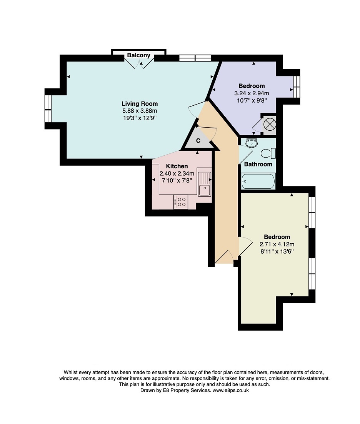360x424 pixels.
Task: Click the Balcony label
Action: (x=139, y=55)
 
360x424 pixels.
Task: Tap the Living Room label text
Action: (x=140, y=104)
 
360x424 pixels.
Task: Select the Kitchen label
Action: (x=177, y=166)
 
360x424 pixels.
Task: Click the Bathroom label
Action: (x=258, y=164)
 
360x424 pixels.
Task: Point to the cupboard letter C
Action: (x=198, y=141)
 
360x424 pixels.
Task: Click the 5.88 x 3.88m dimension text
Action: (x=140, y=111)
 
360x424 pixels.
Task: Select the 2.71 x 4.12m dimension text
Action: (x=277, y=244)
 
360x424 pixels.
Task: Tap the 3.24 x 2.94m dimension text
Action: (x=252, y=93)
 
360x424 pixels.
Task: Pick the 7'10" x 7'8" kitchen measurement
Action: (x=177, y=180)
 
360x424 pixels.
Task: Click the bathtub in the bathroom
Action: (x=258, y=181)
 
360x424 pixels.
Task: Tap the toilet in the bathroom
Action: (x=268, y=153)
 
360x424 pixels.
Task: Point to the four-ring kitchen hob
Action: (x=181, y=202)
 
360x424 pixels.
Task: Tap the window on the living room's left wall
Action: (x=48, y=109)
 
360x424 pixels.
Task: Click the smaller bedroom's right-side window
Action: (x=296, y=87)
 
